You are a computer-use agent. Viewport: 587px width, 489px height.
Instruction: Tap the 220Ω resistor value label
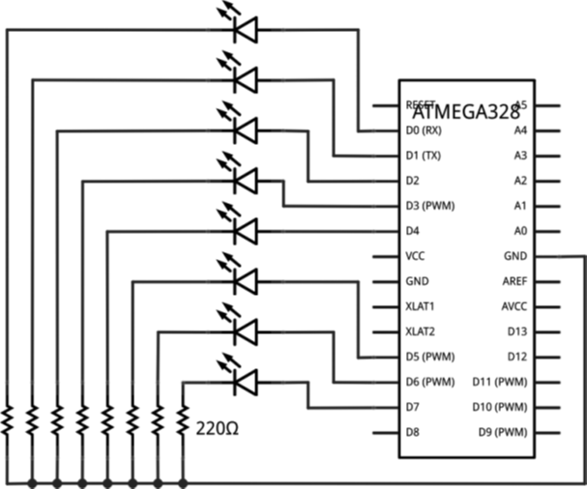click(218, 426)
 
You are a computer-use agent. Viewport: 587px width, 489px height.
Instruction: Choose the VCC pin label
click(416, 256)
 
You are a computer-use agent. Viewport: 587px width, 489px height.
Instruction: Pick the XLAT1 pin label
click(421, 306)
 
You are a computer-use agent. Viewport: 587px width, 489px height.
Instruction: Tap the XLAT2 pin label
click(421, 331)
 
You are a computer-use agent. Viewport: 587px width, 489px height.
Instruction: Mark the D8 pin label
click(413, 432)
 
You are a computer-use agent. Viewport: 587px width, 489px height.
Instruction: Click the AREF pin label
click(514, 281)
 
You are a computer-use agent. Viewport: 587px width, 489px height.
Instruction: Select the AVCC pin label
click(514, 306)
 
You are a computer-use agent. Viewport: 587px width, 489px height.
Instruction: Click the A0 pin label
click(519, 231)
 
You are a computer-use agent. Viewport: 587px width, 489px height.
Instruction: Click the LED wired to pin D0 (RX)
click(244, 30)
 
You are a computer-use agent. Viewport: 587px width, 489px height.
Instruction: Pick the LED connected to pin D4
click(244, 231)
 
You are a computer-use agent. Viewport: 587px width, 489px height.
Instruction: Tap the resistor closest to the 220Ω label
click(182, 419)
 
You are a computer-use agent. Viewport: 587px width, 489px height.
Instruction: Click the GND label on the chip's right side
click(514, 256)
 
